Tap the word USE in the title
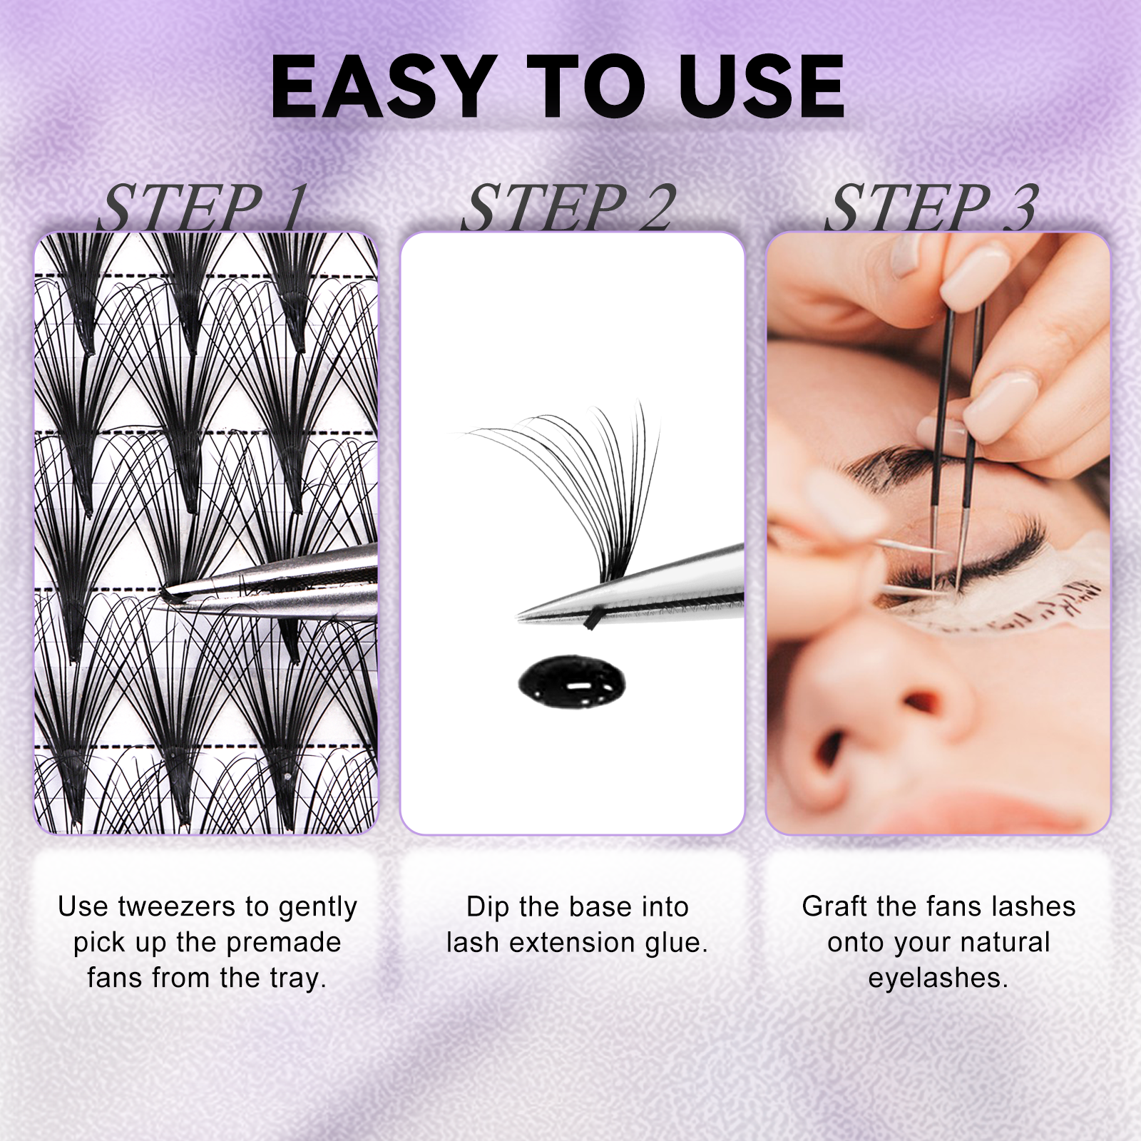point(762,86)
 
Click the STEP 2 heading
point(569,208)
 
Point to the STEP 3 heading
point(933,208)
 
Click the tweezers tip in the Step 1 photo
point(171,594)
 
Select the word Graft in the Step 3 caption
point(835,907)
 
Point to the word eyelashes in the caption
point(938,978)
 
